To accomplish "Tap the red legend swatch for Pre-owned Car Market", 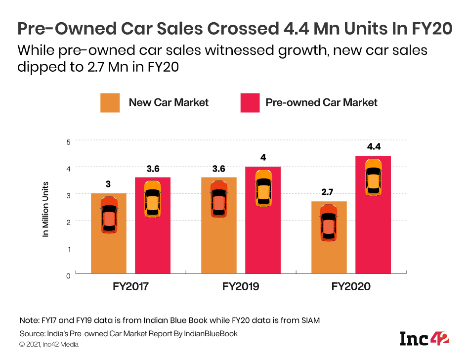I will tap(250, 103).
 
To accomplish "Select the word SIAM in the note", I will tap(309, 320).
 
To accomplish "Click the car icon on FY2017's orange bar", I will tap(109, 215).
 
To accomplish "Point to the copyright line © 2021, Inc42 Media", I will tap(49, 344).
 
